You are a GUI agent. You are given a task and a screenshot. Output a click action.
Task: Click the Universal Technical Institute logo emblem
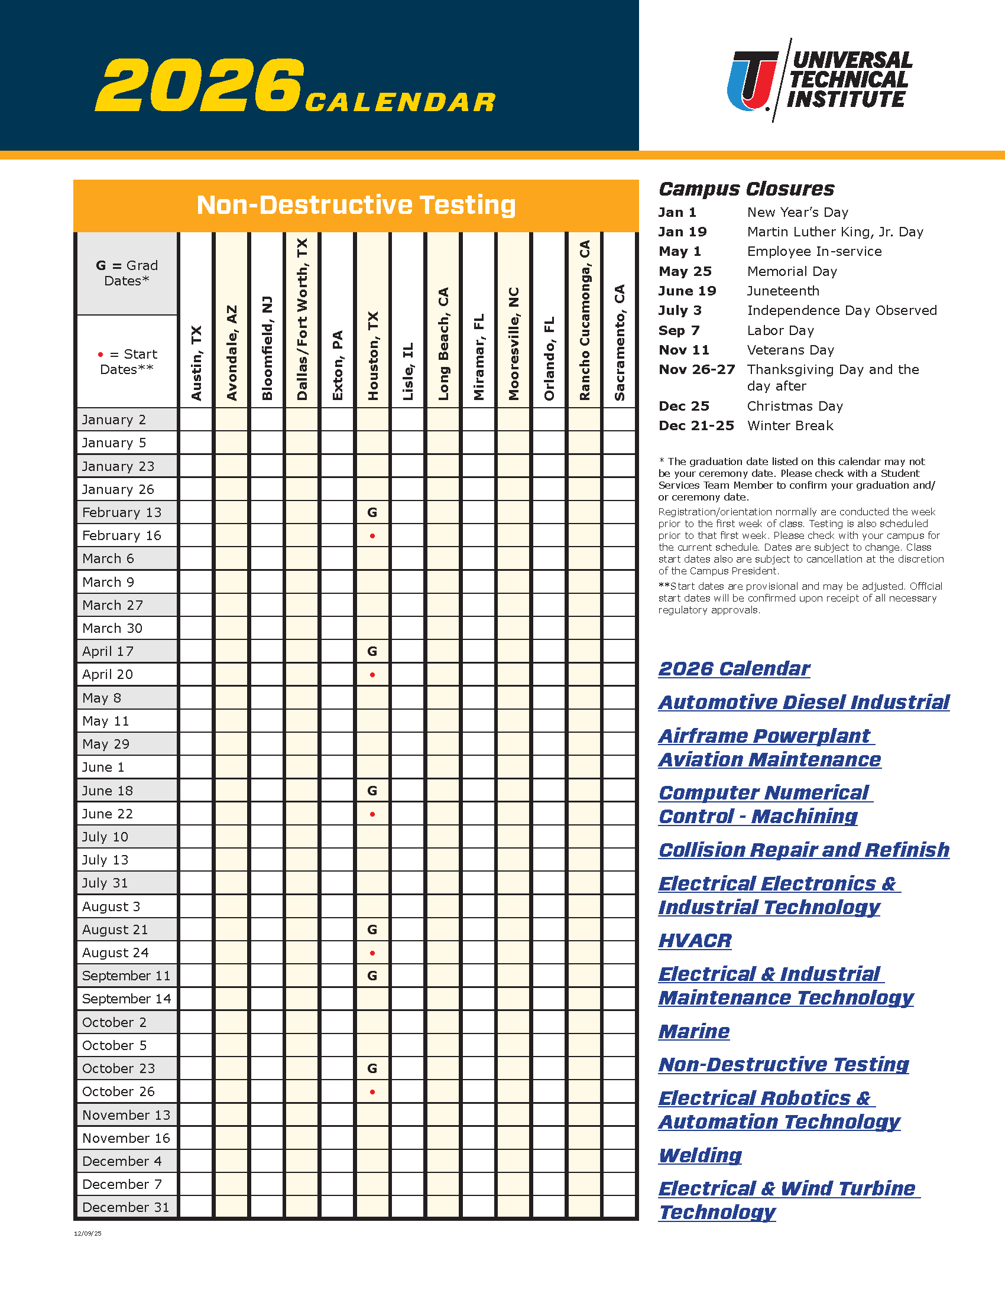click(x=752, y=80)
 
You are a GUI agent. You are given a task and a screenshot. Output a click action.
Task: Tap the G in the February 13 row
click(x=372, y=512)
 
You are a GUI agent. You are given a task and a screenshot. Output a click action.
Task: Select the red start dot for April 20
click(x=372, y=675)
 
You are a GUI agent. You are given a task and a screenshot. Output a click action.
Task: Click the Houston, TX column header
click(x=372, y=355)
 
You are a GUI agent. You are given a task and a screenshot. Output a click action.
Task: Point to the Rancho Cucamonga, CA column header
click(x=585, y=320)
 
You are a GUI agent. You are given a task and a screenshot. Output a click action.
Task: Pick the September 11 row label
click(x=127, y=976)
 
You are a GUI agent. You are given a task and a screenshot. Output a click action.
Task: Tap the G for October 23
click(x=372, y=1068)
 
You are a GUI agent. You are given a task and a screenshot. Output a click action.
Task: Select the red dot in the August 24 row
click(x=372, y=953)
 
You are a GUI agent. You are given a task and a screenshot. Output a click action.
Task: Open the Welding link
click(x=700, y=1155)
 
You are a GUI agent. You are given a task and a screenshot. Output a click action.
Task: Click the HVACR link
click(x=695, y=941)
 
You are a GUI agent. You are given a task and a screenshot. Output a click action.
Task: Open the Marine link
click(x=693, y=1031)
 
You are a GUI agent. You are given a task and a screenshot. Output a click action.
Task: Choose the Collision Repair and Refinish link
click(x=804, y=850)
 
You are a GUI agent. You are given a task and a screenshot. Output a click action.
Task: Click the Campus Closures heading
click(x=746, y=189)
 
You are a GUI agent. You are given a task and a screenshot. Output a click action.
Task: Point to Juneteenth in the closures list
click(x=783, y=291)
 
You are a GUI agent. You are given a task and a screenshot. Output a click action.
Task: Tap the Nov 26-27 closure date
click(x=696, y=370)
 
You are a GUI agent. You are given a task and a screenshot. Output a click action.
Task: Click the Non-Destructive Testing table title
click(x=356, y=206)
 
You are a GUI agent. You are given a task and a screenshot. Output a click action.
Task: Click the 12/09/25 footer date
click(x=87, y=1233)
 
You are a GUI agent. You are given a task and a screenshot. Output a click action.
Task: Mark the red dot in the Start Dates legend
click(x=100, y=355)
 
